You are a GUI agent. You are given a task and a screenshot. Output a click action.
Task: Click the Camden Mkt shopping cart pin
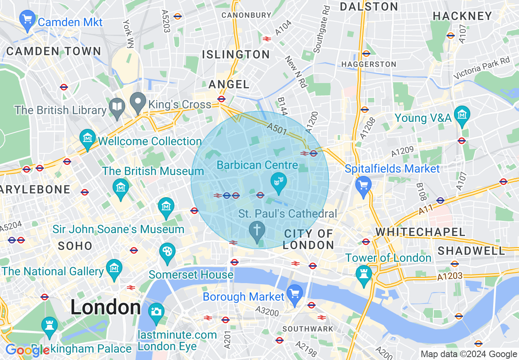point(27,20)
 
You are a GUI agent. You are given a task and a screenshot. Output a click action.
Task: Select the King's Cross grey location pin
point(138,102)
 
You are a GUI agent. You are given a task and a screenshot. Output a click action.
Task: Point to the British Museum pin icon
point(120,189)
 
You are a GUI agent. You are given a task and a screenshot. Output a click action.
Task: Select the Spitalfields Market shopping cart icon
point(363,185)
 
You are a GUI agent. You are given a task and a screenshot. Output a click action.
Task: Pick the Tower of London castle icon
point(363,274)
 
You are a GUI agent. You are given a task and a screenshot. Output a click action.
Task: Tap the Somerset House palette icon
point(167,252)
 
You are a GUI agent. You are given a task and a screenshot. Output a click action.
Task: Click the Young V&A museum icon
point(462,114)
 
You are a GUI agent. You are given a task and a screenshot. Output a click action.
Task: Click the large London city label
point(106,307)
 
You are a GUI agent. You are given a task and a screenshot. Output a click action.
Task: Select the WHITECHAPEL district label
point(420,232)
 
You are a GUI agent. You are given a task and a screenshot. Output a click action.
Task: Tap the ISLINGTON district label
point(236,54)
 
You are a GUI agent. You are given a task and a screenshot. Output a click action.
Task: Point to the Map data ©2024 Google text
point(469,354)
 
